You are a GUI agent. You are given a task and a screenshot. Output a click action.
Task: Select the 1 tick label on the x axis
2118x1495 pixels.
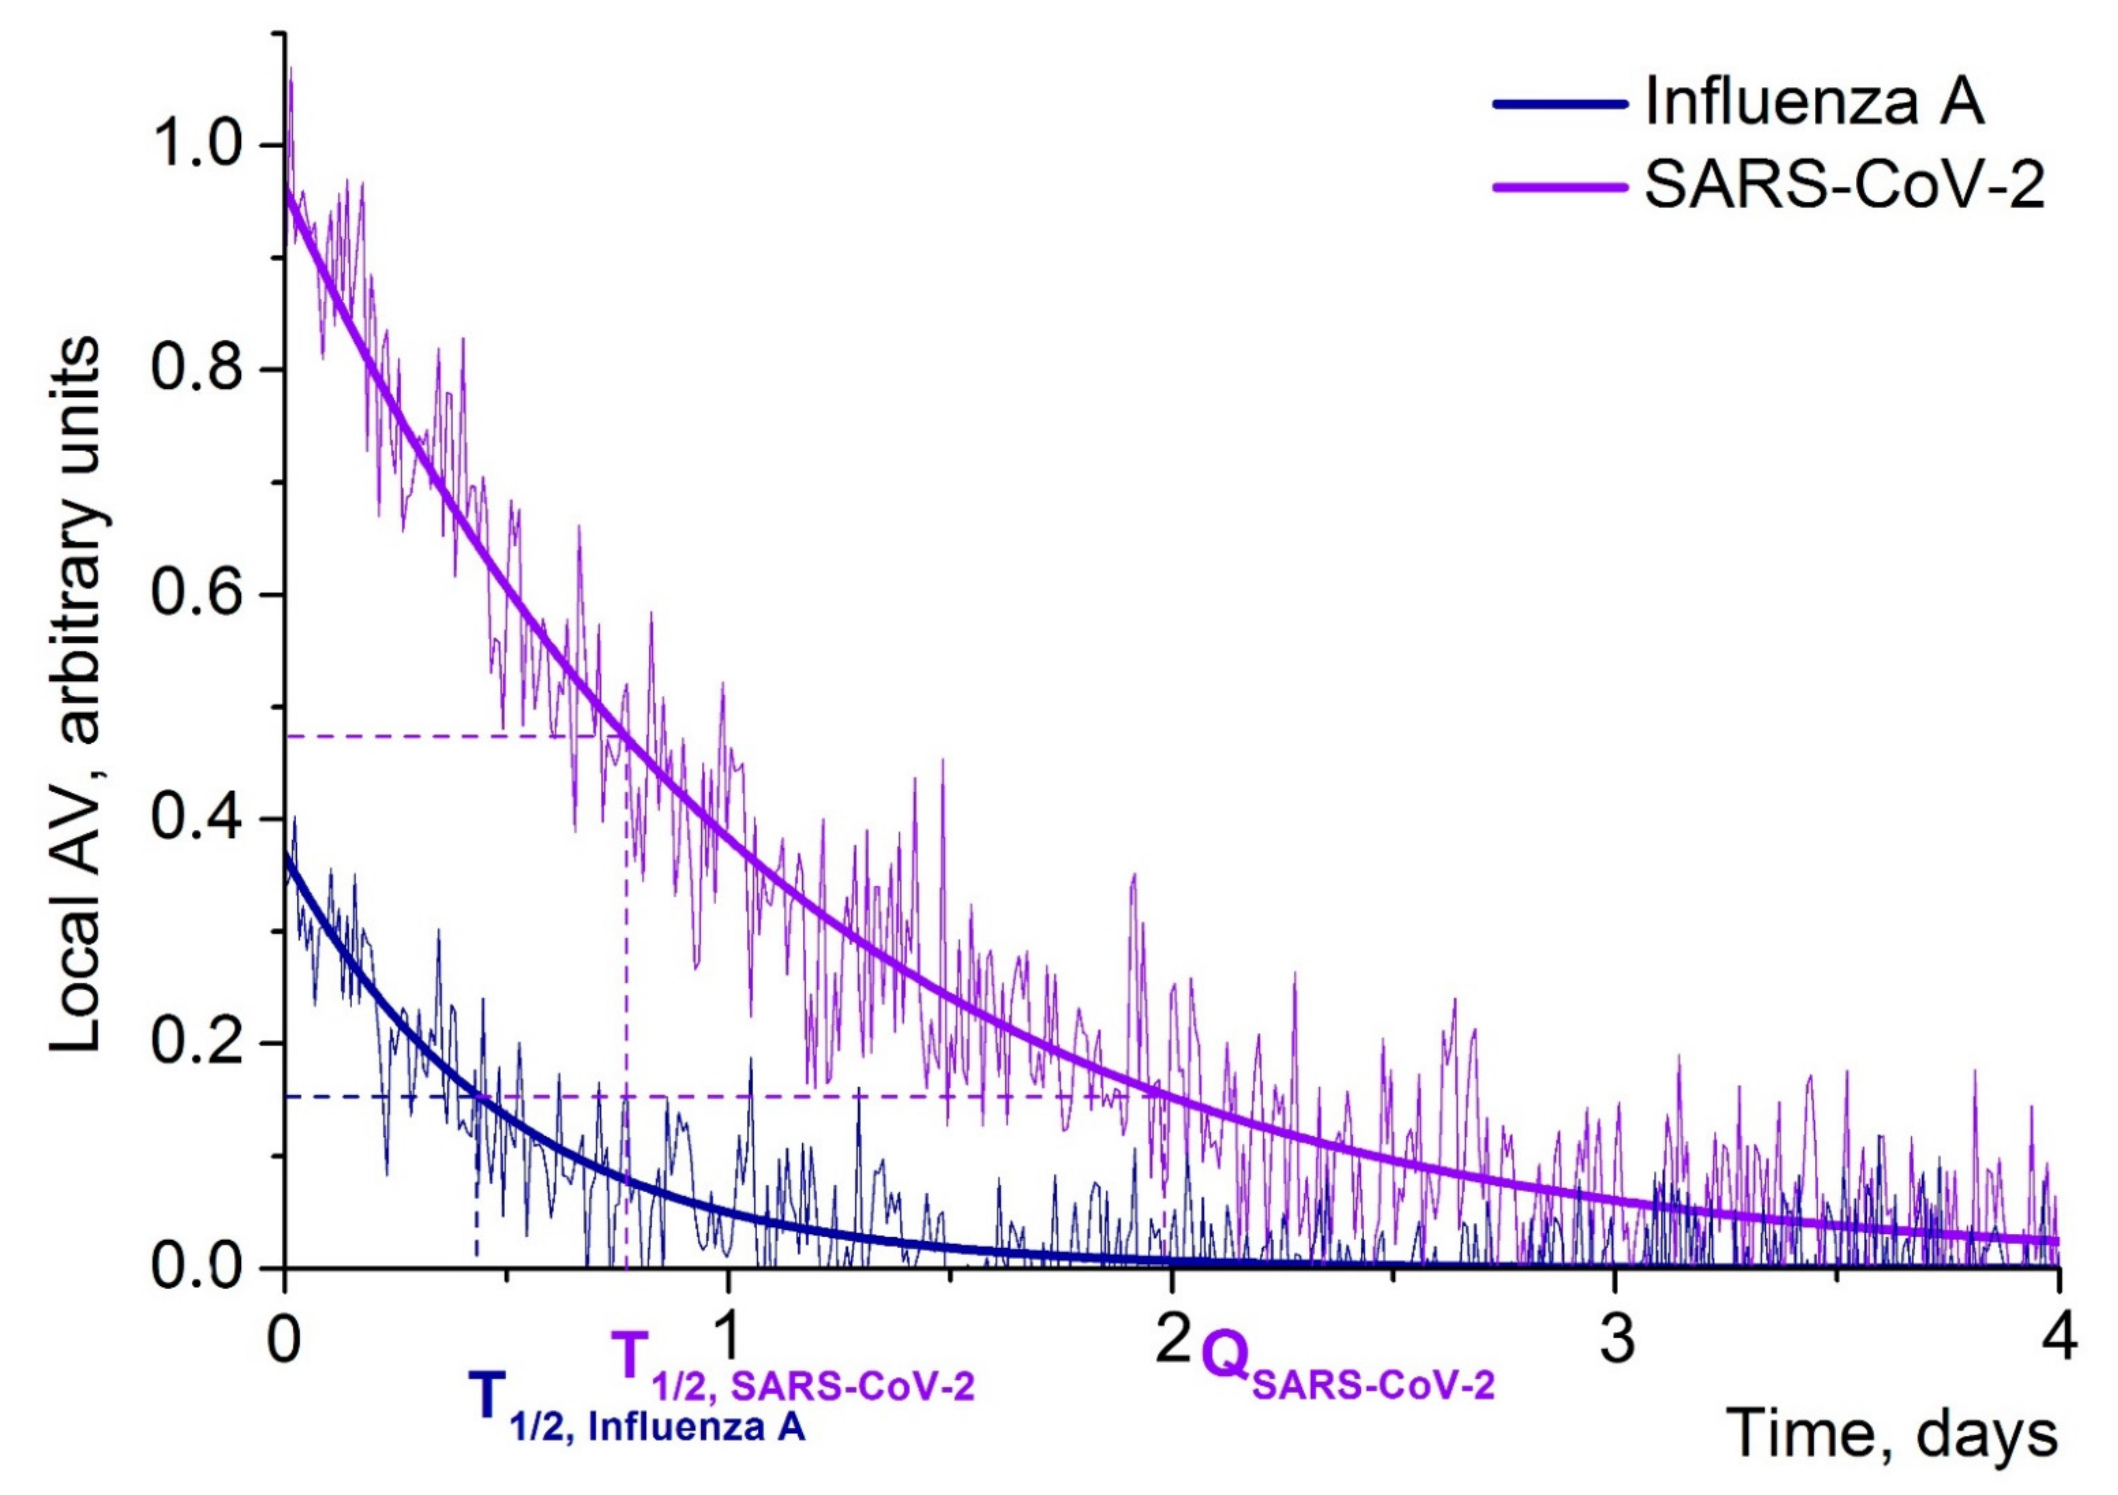(729, 1340)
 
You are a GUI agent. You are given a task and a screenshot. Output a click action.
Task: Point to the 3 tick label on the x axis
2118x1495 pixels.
(1616, 1340)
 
